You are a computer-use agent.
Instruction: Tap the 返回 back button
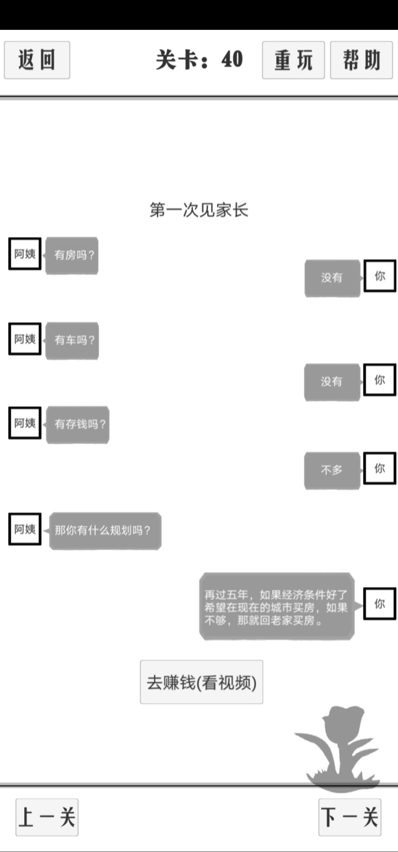pos(37,60)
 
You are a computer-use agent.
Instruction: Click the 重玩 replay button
pos(293,60)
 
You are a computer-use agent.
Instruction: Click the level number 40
pos(232,59)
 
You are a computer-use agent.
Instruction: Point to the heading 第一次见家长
pos(199,210)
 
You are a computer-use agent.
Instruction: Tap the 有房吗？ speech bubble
pos(72,255)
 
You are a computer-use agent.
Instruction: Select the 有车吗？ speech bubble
pos(72,341)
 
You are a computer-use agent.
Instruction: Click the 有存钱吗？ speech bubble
pos(78,425)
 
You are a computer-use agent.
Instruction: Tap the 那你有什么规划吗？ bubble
pos(105,531)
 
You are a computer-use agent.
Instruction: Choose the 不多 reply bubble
pos(332,471)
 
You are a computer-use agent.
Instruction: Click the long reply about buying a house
pos(277,607)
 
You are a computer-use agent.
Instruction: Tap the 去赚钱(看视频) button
pos(202,682)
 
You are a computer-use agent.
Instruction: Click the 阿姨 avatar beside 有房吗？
pos(25,254)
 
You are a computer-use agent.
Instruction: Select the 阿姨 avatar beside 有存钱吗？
pos(25,423)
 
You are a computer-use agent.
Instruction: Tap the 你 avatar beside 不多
pos(380,468)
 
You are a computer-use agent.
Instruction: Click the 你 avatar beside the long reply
pos(380,604)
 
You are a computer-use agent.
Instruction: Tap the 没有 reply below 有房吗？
pos(332,278)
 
